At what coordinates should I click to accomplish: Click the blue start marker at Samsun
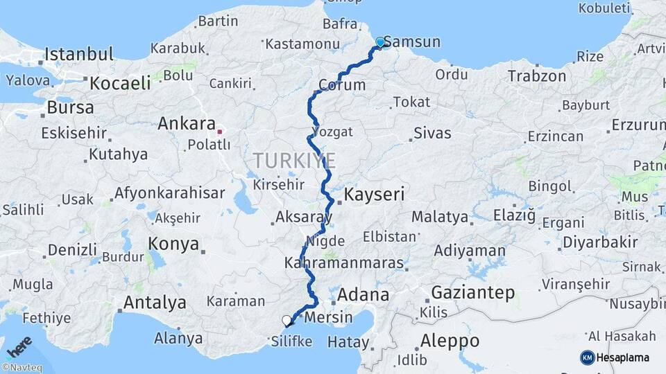pos(379,43)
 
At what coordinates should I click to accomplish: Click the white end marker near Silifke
pos(287,320)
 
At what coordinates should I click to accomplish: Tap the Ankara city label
pos(187,124)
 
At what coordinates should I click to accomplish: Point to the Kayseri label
pos(374,194)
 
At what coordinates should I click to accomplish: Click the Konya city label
pos(174,244)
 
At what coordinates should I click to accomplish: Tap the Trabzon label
pos(538,75)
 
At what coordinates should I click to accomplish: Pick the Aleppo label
pos(450,341)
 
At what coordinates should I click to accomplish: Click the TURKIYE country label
pos(294,161)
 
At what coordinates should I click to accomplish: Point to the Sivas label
pos(432,133)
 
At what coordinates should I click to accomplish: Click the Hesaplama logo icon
pos(587,357)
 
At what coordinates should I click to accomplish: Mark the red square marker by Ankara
pos(220,131)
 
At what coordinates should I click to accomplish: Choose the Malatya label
pos(440,217)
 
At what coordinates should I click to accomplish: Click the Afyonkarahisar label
pos(170,193)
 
